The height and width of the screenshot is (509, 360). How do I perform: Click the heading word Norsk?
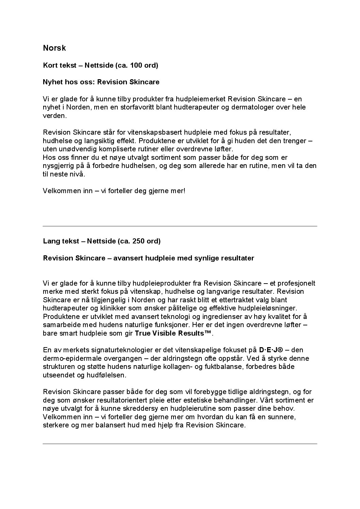click(54, 48)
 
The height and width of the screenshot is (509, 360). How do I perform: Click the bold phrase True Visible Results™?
click(173, 333)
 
